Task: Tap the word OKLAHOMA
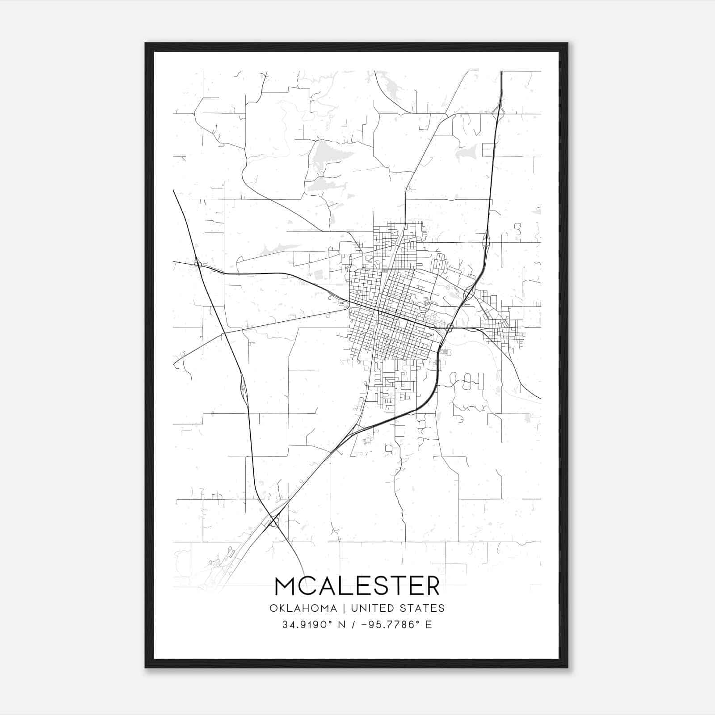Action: [303, 608]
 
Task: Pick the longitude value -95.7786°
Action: [386, 625]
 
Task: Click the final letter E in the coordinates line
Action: [429, 625]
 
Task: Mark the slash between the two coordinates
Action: [354, 625]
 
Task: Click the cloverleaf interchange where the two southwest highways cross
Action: [273, 521]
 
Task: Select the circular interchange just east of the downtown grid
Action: [449, 328]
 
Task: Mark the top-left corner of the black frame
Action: [146, 43]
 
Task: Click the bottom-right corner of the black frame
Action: [568, 667]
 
